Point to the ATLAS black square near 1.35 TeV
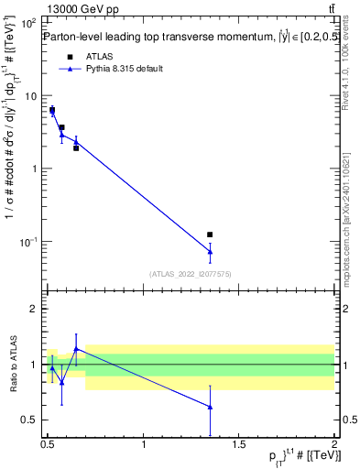pyautogui.click(x=210, y=235)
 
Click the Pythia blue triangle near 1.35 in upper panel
pyautogui.click(x=210, y=251)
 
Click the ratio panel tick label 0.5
pyautogui.click(x=30, y=420)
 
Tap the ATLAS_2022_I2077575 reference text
pyautogui.click(x=191, y=273)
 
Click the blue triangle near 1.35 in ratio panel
pyautogui.click(x=210, y=407)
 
